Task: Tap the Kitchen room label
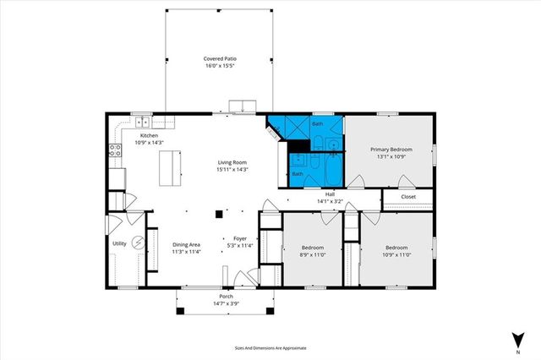click(x=149, y=135)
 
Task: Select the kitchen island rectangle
click(x=172, y=167)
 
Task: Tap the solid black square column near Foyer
click(x=218, y=214)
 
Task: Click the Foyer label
click(x=240, y=239)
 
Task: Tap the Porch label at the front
click(x=226, y=297)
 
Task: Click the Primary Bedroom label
click(x=391, y=149)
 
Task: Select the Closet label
click(x=408, y=197)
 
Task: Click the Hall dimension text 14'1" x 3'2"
click(x=330, y=201)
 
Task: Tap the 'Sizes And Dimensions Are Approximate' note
click(x=270, y=347)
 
